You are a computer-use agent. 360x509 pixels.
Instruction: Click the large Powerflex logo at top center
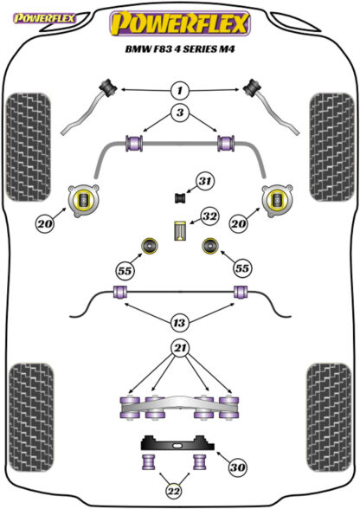pyautogui.click(x=180, y=23)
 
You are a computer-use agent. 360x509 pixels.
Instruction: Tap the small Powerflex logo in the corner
pyautogui.click(x=44, y=18)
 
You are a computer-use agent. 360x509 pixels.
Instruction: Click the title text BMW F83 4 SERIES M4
pyautogui.click(x=180, y=49)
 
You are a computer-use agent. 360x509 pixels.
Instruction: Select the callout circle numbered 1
pyautogui.click(x=179, y=90)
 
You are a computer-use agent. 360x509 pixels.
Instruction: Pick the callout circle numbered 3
pyautogui.click(x=179, y=113)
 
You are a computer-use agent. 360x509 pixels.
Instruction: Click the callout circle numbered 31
pyautogui.click(x=205, y=181)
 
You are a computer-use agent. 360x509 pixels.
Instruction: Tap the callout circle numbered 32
pyautogui.click(x=209, y=216)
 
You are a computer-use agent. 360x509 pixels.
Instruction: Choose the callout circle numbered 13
pyautogui.click(x=179, y=323)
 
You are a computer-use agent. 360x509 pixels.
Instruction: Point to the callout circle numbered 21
pyautogui.click(x=180, y=348)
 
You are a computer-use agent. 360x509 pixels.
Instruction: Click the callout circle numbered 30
pyautogui.click(x=237, y=467)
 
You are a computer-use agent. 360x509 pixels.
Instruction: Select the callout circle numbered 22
pyautogui.click(x=174, y=492)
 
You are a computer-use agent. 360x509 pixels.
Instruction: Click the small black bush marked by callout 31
pyautogui.click(x=179, y=197)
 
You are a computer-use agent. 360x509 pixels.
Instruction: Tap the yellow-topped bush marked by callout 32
pyautogui.click(x=179, y=231)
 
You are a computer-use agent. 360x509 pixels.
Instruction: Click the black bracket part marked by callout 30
pyautogui.click(x=177, y=443)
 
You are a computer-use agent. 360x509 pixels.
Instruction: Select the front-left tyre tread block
pyautogui.click(x=29, y=147)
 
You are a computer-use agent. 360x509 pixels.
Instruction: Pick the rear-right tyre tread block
pyautogui.click(x=329, y=417)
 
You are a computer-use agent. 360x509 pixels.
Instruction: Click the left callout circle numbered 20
pyautogui.click(x=46, y=223)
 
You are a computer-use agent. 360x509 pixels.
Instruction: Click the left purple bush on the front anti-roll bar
pyautogui.click(x=134, y=143)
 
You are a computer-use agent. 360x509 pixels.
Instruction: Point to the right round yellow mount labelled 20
pyautogui.click(x=277, y=200)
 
